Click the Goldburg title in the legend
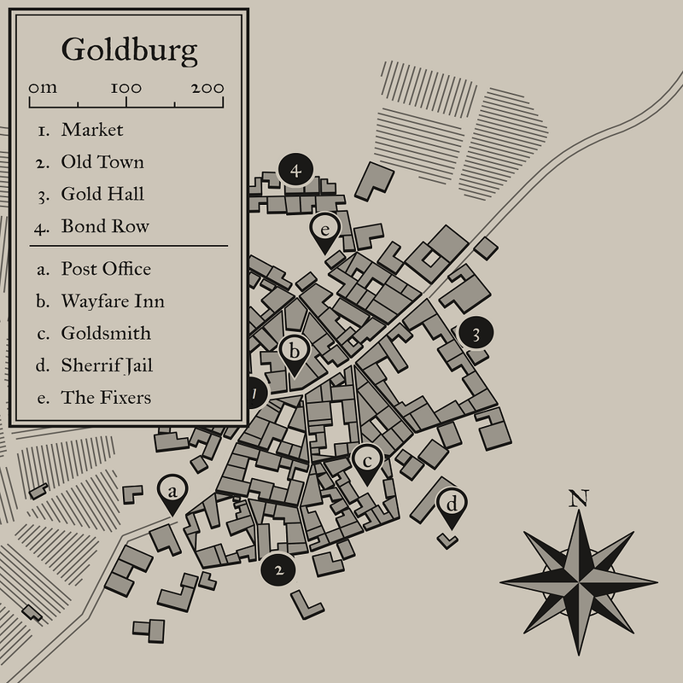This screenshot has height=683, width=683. tap(129, 50)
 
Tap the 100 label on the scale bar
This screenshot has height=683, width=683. tap(126, 88)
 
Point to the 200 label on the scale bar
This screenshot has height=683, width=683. tap(207, 88)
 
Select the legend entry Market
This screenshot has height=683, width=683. tap(92, 130)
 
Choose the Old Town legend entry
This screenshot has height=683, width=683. tap(102, 162)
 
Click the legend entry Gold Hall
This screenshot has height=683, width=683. tap(102, 194)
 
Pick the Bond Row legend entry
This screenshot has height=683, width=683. tap(105, 226)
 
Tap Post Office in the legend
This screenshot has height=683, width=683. tap(106, 269)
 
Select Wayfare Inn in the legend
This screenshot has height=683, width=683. tap(113, 301)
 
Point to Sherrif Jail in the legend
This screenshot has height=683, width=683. tap(107, 365)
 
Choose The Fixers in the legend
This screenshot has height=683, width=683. tap(106, 398)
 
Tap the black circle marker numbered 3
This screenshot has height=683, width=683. tap(476, 334)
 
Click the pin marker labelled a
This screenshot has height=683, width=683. tap(172, 492)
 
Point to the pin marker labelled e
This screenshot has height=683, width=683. tap(325, 229)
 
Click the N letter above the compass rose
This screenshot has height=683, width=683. tap(579, 498)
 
